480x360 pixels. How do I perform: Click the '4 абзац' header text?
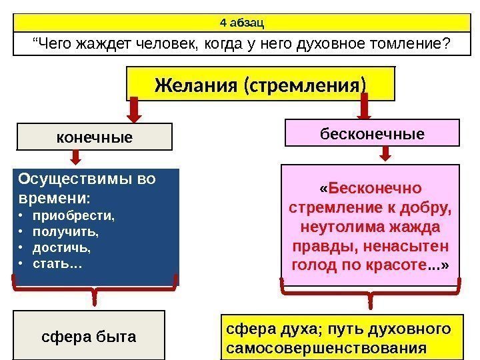(x=242, y=23)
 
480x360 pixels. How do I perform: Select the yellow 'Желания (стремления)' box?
(x=261, y=86)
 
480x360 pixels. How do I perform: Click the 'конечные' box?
(x=94, y=137)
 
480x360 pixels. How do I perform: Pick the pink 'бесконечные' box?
(x=372, y=133)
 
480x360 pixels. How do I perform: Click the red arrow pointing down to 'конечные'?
(x=135, y=109)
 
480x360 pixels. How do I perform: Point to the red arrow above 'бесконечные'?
(x=365, y=107)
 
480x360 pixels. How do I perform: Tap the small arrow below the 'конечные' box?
(x=76, y=157)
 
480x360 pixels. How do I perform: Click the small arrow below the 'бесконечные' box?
(x=385, y=154)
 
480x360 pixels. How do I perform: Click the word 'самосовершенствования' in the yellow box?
(x=326, y=348)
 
